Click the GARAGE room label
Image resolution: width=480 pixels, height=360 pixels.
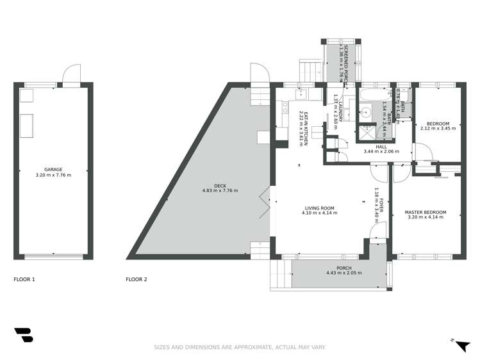[53, 170]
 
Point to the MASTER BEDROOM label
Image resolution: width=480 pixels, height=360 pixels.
[425, 212]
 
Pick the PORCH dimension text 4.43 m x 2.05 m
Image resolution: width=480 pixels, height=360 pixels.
[343, 273]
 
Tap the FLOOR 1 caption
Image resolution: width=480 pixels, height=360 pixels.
[24, 279]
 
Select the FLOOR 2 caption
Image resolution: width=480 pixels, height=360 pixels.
[137, 279]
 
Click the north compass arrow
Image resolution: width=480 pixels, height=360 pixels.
[461, 345]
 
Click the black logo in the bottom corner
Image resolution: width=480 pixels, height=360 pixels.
[23, 335]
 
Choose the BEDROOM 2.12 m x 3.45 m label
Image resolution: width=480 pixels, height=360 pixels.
[438, 126]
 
